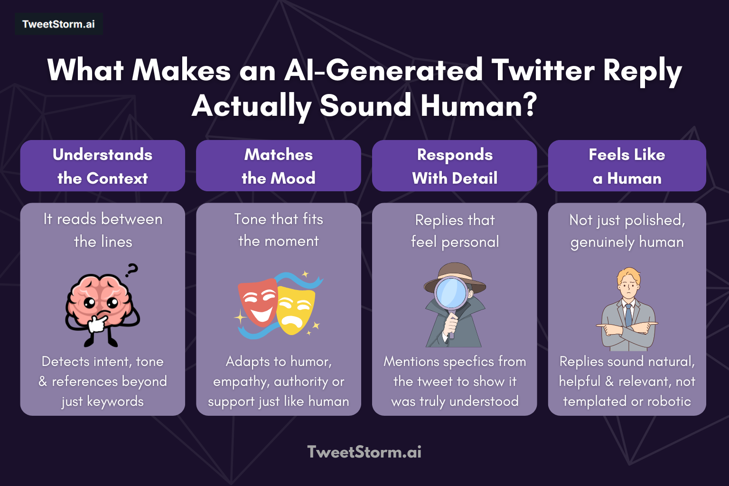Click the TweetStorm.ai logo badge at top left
pyautogui.click(x=59, y=24)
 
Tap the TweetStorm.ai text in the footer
pyautogui.click(x=364, y=452)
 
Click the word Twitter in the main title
pyautogui.click(x=542, y=70)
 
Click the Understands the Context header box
pyautogui.click(x=103, y=166)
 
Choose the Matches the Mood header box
pyautogui.click(x=279, y=166)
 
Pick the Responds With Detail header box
pyautogui.click(x=455, y=166)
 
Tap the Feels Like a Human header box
pyautogui.click(x=627, y=166)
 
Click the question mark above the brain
pyautogui.click(x=131, y=270)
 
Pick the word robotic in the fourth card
pyautogui.click(x=669, y=402)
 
